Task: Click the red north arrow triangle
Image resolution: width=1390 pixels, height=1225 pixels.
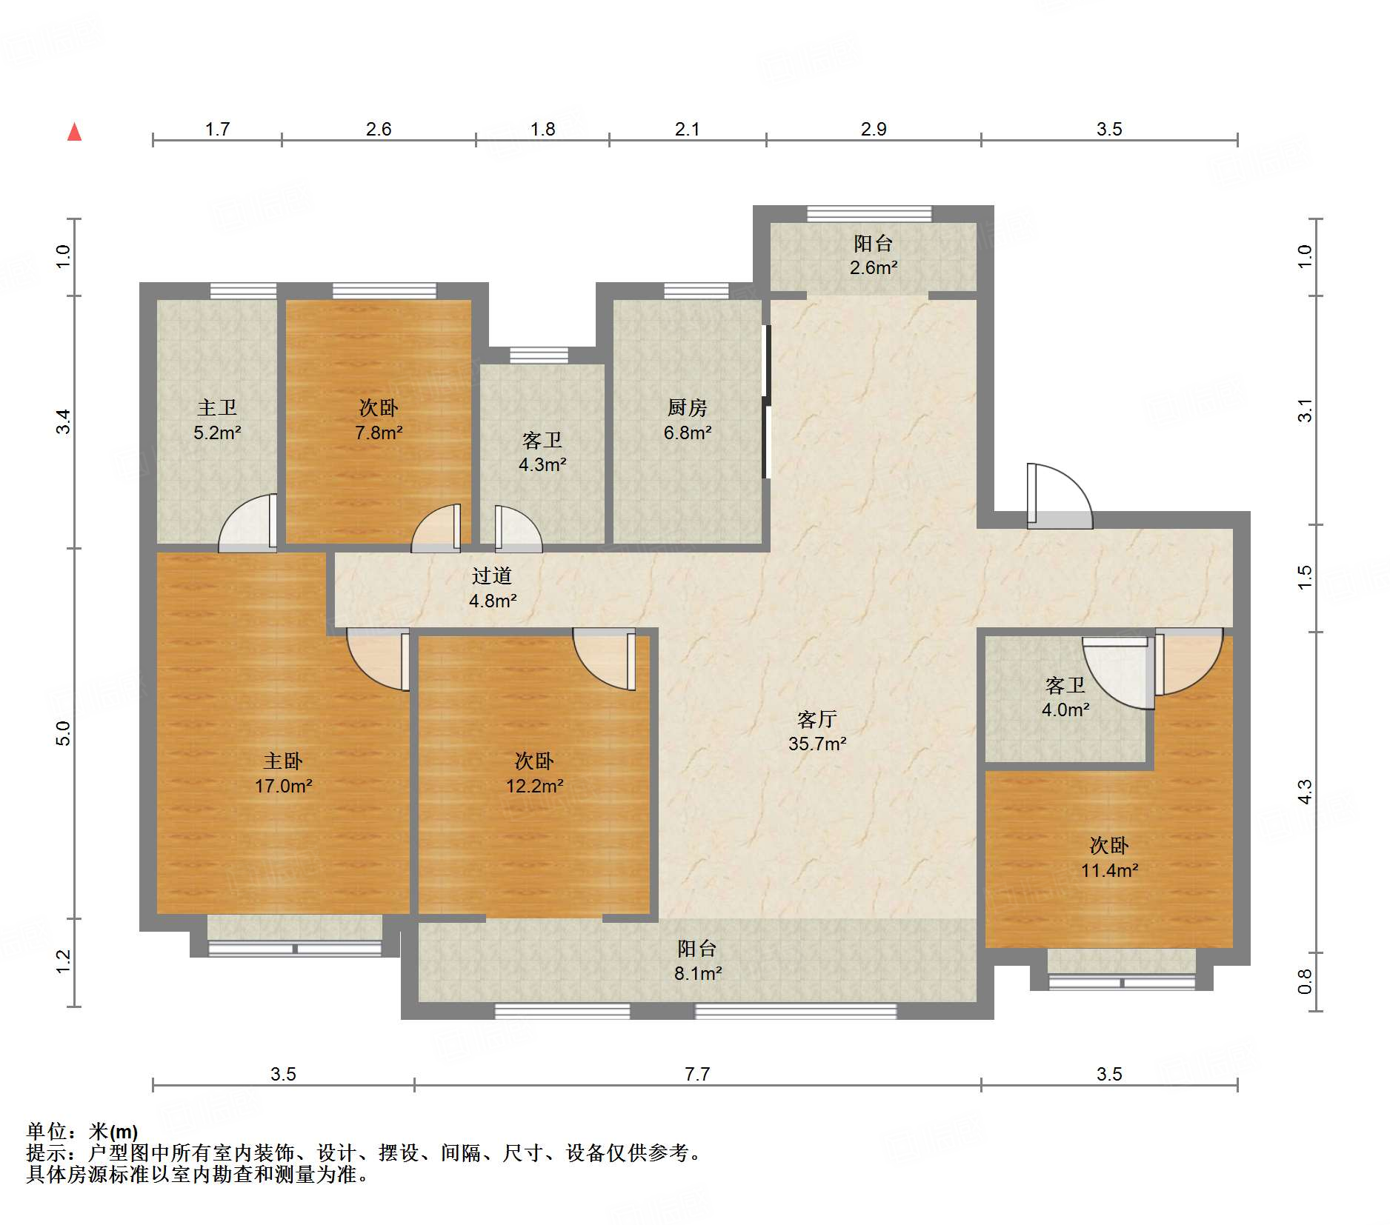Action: click(74, 132)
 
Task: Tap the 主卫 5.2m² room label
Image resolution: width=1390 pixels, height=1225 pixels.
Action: click(217, 419)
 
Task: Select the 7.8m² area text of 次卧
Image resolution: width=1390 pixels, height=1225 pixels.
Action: click(379, 433)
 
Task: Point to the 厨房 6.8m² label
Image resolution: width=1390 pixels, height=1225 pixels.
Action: click(688, 419)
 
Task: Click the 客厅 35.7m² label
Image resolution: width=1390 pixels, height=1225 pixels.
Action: click(817, 731)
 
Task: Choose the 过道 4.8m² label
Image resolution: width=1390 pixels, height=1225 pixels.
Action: click(493, 588)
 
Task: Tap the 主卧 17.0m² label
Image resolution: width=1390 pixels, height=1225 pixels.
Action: click(283, 773)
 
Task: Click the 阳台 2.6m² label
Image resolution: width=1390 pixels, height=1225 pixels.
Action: click(874, 255)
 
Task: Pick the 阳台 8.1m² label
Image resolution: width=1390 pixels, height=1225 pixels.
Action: click(697, 961)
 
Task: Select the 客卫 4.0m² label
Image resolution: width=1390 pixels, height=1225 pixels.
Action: click(1065, 697)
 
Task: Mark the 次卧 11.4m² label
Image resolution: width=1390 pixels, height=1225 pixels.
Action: click(1109, 858)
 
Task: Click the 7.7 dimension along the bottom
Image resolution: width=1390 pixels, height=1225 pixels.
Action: click(697, 1074)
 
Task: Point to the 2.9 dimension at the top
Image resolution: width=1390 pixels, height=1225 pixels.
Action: click(874, 129)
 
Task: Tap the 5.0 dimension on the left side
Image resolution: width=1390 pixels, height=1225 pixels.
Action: click(63, 733)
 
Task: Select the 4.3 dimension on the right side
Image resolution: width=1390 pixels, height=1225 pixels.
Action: click(1305, 792)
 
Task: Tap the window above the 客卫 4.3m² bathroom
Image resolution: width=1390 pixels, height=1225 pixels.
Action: click(539, 356)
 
